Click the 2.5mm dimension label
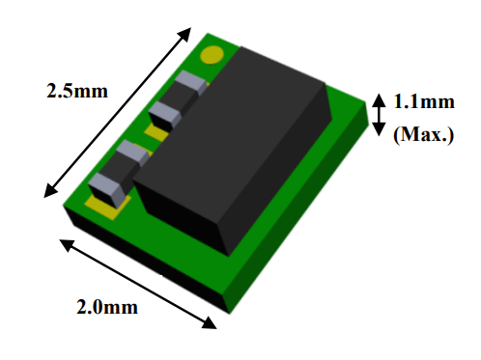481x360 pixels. click(76, 92)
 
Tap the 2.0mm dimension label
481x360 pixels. click(106, 307)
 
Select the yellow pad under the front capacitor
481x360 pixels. click(104, 203)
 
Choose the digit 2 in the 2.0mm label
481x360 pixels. click(83, 307)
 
